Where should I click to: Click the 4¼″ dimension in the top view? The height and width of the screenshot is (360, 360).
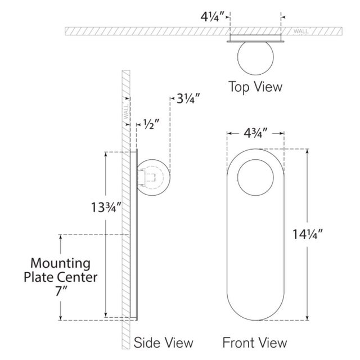coord(213,16)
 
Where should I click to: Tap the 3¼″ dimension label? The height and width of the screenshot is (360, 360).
coord(188,99)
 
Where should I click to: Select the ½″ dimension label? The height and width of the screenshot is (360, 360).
coord(151,124)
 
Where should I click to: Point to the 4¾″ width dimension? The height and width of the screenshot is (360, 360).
coord(255,133)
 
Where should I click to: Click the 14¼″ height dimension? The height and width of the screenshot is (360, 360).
coord(308,235)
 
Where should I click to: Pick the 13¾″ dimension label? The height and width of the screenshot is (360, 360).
coord(106,207)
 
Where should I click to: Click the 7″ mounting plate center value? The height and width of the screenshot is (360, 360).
coord(61,291)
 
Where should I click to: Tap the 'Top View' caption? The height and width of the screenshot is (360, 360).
coord(255,87)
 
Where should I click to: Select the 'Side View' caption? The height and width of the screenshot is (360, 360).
coord(163,343)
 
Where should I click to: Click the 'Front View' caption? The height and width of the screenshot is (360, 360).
coord(255,343)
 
